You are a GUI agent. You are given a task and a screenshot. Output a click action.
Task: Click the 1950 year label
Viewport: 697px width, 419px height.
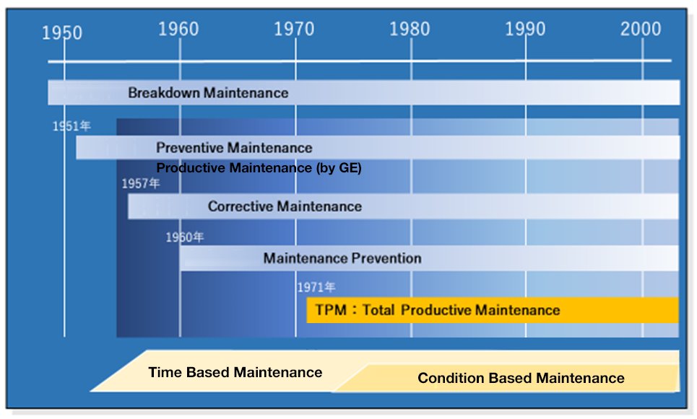click(62, 33)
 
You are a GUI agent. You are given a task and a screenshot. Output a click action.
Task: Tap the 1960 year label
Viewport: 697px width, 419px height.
click(178, 29)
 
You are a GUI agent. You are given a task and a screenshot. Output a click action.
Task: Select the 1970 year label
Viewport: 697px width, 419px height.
click(294, 29)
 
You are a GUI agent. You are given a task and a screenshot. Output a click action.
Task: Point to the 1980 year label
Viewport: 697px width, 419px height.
click(410, 29)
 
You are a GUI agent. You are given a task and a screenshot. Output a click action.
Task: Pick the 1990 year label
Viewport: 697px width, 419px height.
click(525, 29)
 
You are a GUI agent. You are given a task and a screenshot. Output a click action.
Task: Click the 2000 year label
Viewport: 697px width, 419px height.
click(641, 29)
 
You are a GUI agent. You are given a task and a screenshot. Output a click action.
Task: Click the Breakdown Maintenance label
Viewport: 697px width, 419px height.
click(208, 92)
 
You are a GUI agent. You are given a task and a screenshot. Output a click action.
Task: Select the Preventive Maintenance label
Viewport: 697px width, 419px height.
click(234, 148)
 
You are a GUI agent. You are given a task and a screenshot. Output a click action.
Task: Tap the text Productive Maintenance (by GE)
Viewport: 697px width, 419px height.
click(259, 168)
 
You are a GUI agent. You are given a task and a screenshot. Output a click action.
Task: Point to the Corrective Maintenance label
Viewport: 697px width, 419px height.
click(285, 206)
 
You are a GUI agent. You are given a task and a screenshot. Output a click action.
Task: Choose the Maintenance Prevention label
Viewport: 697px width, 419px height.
click(342, 258)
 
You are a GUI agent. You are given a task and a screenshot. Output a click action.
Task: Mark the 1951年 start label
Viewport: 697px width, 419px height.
click(72, 126)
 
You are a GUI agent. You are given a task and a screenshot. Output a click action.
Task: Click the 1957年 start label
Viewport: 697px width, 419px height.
click(141, 184)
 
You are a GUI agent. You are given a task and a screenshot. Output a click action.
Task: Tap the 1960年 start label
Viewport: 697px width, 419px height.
click(184, 237)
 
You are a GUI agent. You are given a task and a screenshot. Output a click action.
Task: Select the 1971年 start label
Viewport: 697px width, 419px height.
click(316, 287)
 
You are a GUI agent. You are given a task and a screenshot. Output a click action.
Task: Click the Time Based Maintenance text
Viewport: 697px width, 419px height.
click(235, 372)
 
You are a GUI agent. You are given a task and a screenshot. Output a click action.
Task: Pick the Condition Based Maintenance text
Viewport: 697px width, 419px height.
click(521, 378)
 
